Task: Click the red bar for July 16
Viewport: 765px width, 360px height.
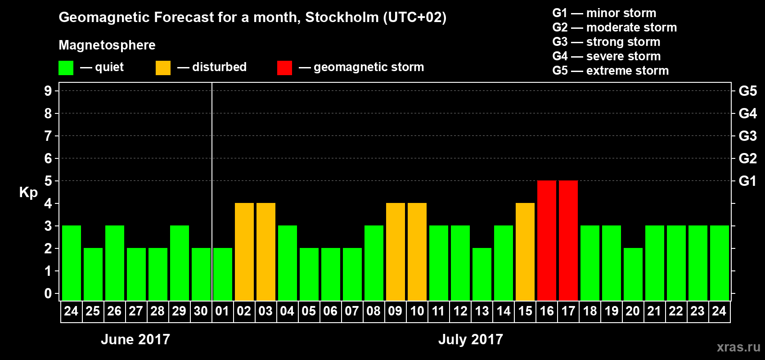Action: click(x=547, y=240)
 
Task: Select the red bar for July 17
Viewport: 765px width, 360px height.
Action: click(x=568, y=240)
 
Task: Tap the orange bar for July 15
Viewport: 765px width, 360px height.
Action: click(x=525, y=252)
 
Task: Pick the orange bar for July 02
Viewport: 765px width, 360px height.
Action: click(x=244, y=252)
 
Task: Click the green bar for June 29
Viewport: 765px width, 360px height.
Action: click(x=180, y=263)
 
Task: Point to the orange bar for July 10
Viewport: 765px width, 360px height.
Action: click(x=417, y=252)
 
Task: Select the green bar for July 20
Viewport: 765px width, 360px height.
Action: click(x=633, y=274)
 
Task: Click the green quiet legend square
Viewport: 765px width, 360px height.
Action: click(x=66, y=68)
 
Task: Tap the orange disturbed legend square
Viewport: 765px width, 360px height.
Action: click(x=163, y=68)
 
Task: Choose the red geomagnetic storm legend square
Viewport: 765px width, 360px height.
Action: click(x=284, y=68)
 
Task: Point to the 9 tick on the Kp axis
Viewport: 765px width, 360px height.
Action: click(x=48, y=91)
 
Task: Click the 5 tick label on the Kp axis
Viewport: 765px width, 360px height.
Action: click(x=48, y=181)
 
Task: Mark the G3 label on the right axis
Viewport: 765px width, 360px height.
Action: click(x=747, y=136)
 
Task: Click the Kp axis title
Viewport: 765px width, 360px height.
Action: click(x=28, y=192)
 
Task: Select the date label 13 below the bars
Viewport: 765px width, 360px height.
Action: click(x=482, y=311)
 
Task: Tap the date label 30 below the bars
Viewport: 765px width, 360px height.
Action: click(x=201, y=311)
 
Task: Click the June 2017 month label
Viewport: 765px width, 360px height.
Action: click(x=135, y=339)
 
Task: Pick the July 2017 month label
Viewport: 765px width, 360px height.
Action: click(x=471, y=339)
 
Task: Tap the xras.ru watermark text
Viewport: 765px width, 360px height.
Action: click(x=738, y=347)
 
